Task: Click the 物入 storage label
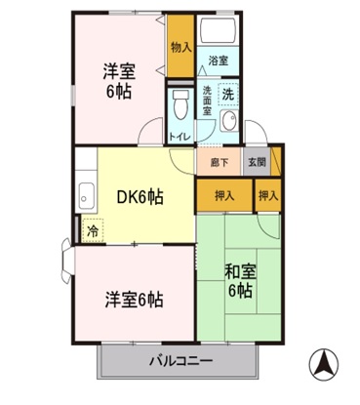(x=180, y=47)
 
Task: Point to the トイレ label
(x=180, y=137)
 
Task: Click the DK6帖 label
(x=140, y=195)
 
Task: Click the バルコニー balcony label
(x=180, y=360)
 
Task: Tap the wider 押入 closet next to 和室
(x=224, y=196)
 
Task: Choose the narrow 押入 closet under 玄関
(x=268, y=196)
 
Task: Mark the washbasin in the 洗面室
(x=227, y=122)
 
